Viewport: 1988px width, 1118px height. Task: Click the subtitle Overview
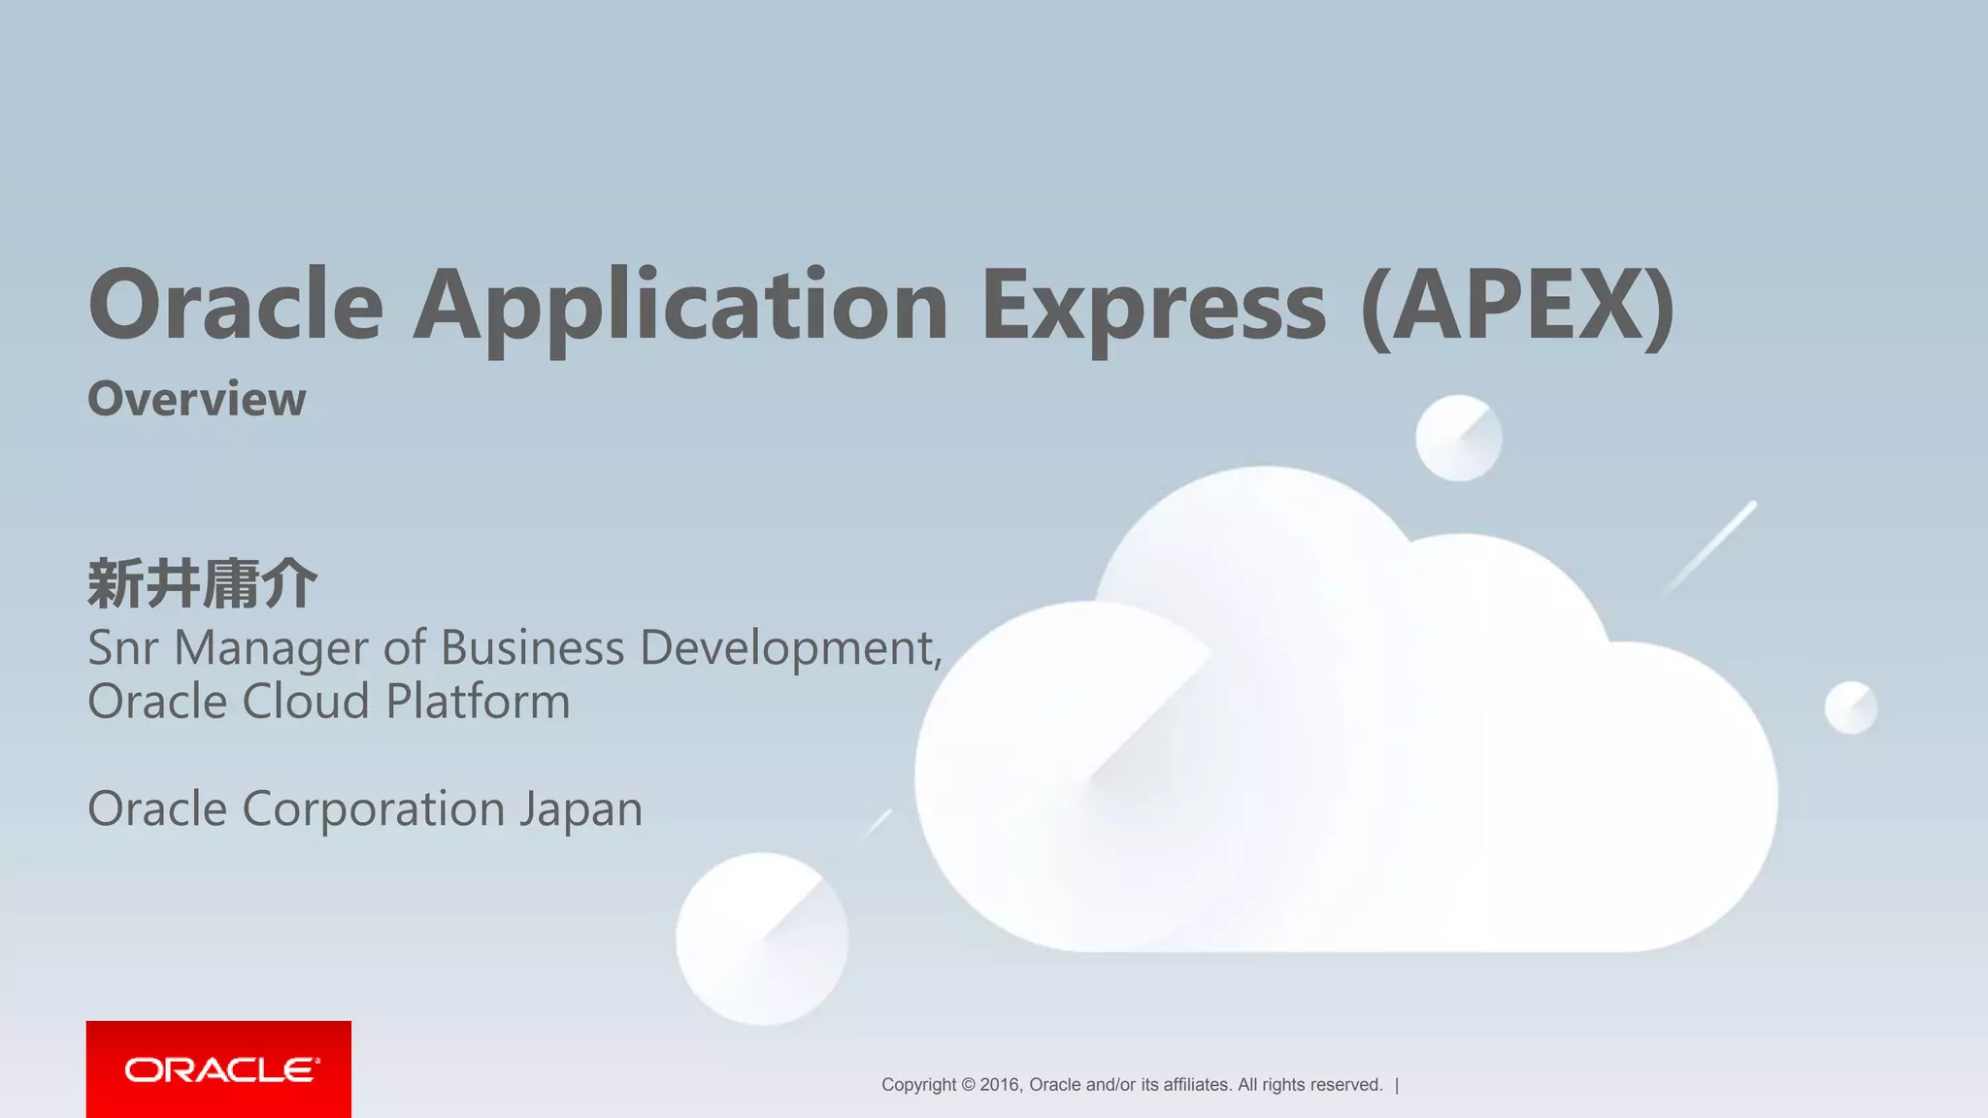click(x=197, y=399)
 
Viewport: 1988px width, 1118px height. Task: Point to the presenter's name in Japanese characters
click(x=202, y=584)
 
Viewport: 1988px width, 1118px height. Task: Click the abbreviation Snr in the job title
click(x=122, y=647)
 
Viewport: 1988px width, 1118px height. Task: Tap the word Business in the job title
click(x=532, y=647)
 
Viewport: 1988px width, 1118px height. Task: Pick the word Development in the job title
click(x=787, y=649)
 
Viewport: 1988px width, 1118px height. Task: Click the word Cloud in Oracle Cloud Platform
click(x=306, y=701)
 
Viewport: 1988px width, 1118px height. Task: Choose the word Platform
click(x=478, y=701)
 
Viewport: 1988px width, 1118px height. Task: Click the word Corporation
click(x=373, y=809)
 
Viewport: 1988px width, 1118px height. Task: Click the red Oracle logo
click(x=218, y=1069)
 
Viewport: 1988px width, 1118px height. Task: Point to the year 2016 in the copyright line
click(x=1000, y=1085)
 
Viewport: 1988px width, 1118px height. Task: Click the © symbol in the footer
click(x=968, y=1085)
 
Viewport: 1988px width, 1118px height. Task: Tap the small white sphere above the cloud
click(x=1458, y=438)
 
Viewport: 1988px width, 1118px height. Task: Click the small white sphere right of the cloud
click(x=1851, y=707)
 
